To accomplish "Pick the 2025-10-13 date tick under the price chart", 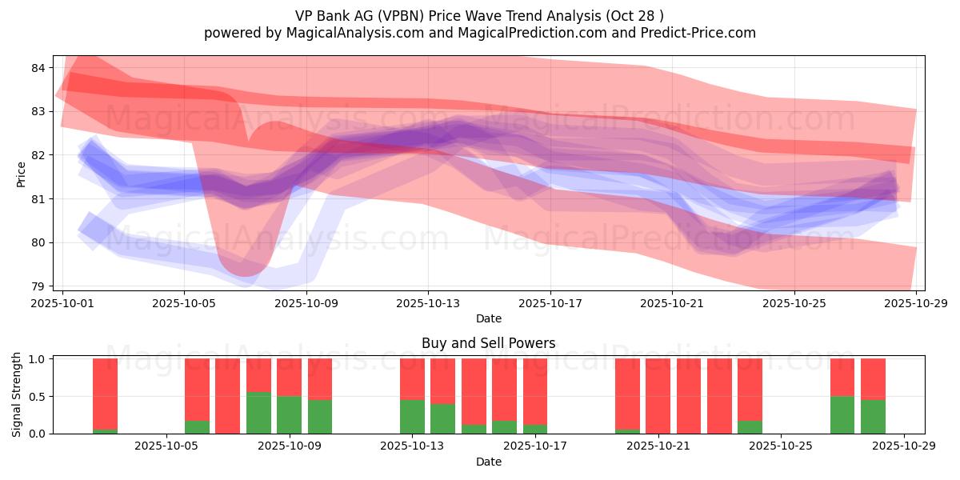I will pyautogui.click(x=428, y=303).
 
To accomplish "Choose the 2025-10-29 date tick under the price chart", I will pyautogui.click(x=916, y=303).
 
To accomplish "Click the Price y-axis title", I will pyautogui.click(x=22, y=174).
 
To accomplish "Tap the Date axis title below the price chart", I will pyautogui.click(x=488, y=318).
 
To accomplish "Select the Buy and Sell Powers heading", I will pyautogui.click(x=488, y=343).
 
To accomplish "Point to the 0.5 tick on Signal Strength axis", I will pyautogui.click(x=36, y=396).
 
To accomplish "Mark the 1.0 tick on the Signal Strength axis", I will pyautogui.click(x=36, y=359).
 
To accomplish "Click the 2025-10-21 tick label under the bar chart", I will pyautogui.click(x=658, y=446).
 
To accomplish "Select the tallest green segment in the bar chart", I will pyautogui.click(x=258, y=413).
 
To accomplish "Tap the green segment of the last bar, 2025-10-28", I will pyautogui.click(x=873, y=417).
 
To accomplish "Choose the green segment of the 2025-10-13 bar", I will pyautogui.click(x=412, y=417).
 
